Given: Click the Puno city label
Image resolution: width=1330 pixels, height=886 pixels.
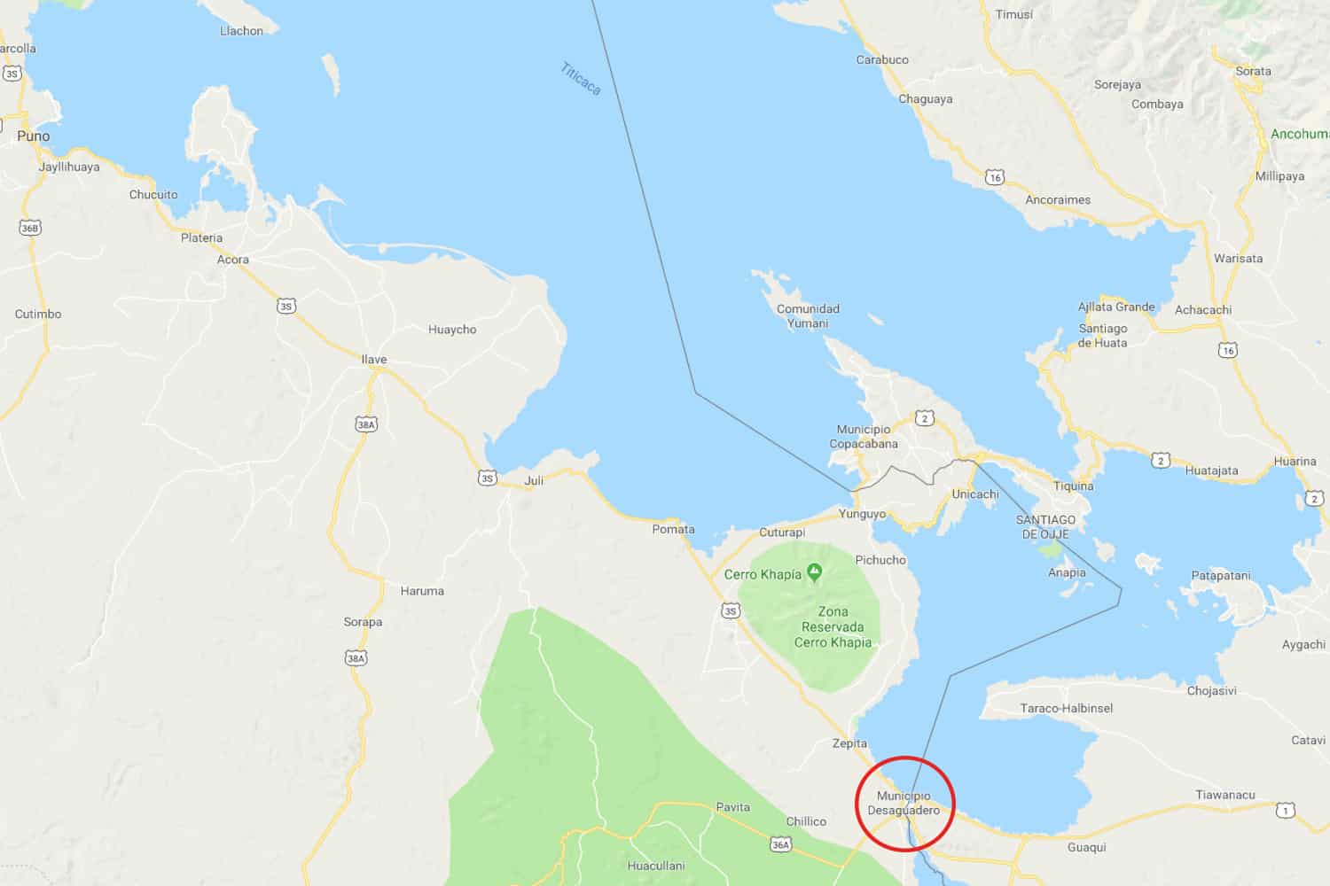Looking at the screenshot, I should click(x=34, y=136).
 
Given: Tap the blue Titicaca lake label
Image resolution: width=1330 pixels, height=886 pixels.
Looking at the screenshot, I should click(x=581, y=78).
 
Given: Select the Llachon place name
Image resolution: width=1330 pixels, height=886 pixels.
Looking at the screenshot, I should click(x=241, y=31).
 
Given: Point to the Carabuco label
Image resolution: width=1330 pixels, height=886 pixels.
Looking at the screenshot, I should click(x=882, y=60).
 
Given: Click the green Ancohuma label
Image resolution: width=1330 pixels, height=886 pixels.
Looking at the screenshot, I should click(x=1299, y=135).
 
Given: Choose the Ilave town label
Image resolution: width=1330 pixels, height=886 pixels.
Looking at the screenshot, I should click(x=374, y=360).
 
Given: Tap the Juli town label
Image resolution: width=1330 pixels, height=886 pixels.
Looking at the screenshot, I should click(x=534, y=481).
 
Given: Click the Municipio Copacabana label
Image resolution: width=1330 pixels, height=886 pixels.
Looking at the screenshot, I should click(x=864, y=437).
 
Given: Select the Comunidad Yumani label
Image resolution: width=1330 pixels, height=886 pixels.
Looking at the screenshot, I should click(x=808, y=316).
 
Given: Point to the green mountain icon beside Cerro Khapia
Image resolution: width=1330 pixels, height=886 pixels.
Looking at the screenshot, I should click(x=814, y=573).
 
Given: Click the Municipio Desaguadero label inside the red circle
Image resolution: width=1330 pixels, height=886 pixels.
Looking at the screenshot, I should click(x=904, y=804).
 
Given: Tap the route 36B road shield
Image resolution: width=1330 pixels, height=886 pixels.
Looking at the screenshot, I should click(x=30, y=229).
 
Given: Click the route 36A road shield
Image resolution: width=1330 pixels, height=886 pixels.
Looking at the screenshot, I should click(x=780, y=845).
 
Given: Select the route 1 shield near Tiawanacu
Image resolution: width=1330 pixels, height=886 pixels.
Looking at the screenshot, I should click(x=1285, y=811).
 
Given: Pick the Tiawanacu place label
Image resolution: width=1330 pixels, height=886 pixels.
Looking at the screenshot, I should click(x=1225, y=796).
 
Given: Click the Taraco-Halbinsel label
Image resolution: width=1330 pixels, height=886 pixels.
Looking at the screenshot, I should click(x=1067, y=709).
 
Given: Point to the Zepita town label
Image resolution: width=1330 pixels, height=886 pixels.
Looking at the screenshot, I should click(x=849, y=744).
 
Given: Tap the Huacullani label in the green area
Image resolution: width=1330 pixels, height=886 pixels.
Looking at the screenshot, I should click(x=656, y=866).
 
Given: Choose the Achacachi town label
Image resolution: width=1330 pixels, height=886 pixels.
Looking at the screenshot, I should click(x=1203, y=310).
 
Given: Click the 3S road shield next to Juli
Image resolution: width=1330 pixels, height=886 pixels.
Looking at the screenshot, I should click(x=488, y=478).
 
